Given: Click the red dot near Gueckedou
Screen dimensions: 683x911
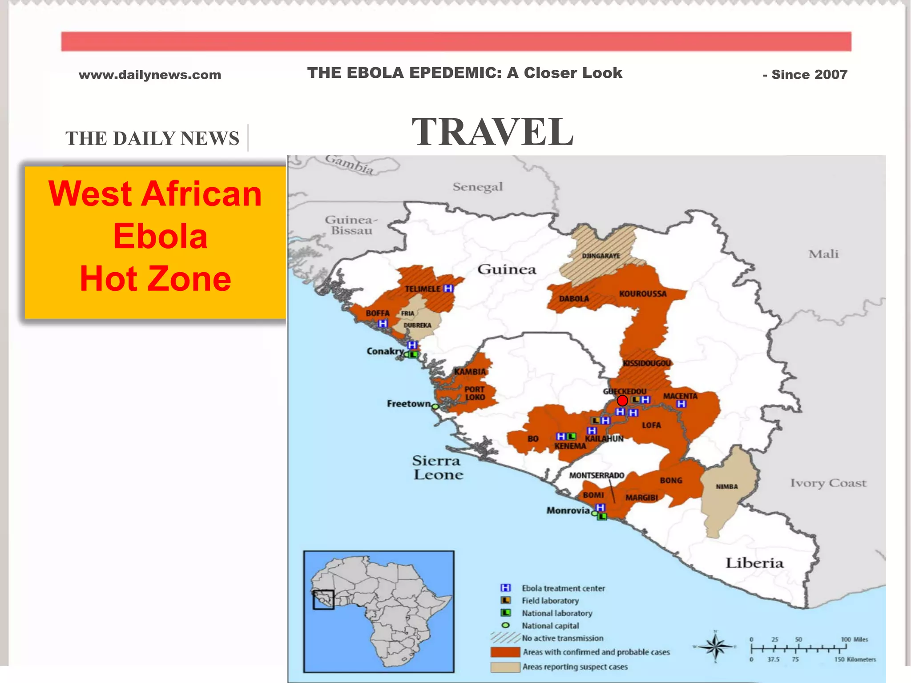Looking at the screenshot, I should point(622,401).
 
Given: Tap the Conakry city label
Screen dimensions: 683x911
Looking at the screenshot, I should point(385,351).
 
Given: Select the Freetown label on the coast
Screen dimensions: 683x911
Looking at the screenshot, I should point(408,404).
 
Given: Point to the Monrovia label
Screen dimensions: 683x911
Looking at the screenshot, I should point(568,510).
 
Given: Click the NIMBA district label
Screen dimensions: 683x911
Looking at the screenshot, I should point(727,486).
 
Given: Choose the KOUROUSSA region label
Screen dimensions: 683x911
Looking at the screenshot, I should point(643,294).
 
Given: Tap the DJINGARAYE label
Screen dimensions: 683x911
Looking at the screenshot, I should point(601,256).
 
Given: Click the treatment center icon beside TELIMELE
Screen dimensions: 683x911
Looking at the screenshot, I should point(448,288).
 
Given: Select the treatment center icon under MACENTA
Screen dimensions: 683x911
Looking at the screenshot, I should point(681,404).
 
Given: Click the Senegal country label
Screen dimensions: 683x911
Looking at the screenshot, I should point(478,187).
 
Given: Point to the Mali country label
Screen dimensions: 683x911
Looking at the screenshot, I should point(823,254).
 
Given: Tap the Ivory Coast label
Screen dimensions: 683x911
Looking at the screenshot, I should point(828,483).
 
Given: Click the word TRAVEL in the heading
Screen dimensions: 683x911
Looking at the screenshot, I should point(492,132).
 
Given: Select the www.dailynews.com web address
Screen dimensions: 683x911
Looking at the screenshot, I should point(150,75).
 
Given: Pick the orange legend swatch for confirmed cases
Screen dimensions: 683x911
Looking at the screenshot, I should point(505,652).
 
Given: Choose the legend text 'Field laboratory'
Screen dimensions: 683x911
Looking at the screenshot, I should point(550,601).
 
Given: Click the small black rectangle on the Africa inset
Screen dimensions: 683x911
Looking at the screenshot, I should point(323,600).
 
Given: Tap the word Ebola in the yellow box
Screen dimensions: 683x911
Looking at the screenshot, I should point(160,236).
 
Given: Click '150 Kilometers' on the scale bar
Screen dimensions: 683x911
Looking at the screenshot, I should point(855,659).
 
